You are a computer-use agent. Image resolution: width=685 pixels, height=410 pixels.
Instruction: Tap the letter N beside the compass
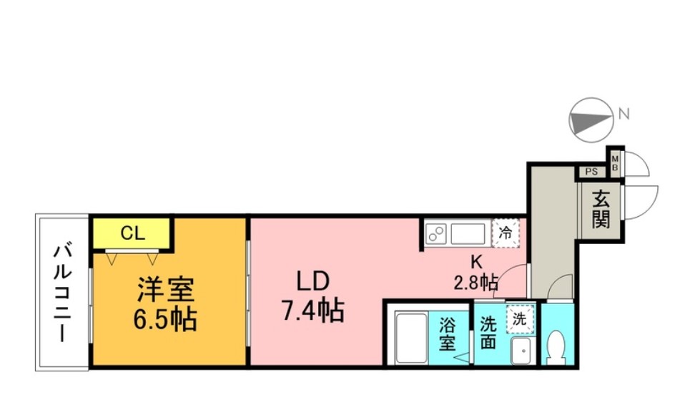coord(624,113)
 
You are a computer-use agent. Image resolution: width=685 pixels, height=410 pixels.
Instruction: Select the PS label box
coord(591,172)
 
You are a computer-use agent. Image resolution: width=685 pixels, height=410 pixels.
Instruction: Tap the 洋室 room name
coord(166,291)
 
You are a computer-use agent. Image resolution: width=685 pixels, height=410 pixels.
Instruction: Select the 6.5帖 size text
coord(166,319)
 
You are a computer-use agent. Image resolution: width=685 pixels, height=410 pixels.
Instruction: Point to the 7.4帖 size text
coord(312,310)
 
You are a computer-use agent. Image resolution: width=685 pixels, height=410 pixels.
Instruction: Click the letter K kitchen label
coord(473,262)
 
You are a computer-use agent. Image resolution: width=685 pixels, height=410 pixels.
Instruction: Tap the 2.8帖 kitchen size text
coord(476,282)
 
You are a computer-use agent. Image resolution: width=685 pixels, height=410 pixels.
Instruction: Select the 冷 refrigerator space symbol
coord(506,233)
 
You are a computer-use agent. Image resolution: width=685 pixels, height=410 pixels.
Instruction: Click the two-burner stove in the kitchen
coord(435,233)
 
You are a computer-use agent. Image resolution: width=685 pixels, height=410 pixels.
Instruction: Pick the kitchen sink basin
coord(468,233)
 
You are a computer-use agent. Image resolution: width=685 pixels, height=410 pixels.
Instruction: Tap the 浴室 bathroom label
coord(448,333)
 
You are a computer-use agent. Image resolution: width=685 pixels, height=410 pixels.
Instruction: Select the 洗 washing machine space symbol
coord(520,319)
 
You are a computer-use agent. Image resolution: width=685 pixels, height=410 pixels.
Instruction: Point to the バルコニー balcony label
coord(61,293)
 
